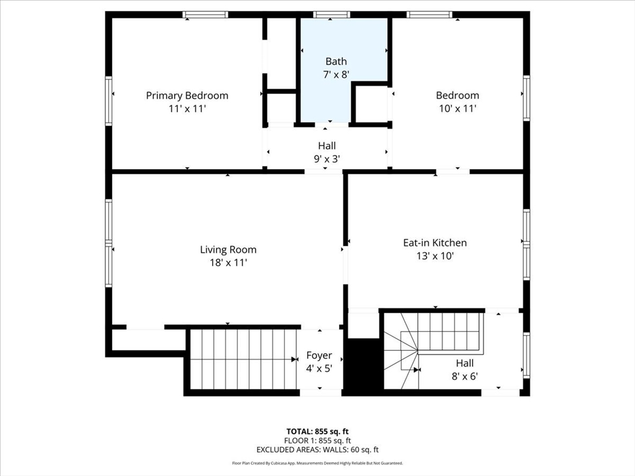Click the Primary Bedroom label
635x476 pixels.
click(x=187, y=95)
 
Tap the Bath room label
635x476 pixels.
click(x=336, y=61)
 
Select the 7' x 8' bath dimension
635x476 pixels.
click(x=336, y=74)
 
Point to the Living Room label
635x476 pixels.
click(x=228, y=250)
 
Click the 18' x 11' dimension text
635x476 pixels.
click(x=228, y=263)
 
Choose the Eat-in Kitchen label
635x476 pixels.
click(x=435, y=243)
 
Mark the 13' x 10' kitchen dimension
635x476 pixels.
click(x=435, y=256)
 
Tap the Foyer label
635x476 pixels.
click(x=319, y=355)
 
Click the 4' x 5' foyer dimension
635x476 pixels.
click(x=319, y=369)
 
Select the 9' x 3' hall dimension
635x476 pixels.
click(x=327, y=159)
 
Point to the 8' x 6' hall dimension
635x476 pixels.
click(x=465, y=376)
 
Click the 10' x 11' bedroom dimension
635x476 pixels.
click(x=458, y=108)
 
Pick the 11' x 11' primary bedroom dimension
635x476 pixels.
click(x=187, y=108)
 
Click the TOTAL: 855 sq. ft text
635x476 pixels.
click(x=317, y=431)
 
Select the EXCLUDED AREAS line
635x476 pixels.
click(x=317, y=450)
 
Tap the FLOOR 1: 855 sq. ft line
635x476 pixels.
click(x=317, y=441)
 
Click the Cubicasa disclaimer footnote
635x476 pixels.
click(x=317, y=463)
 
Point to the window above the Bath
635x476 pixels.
click(x=332, y=15)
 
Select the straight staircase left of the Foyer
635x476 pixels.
click(x=244, y=359)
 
